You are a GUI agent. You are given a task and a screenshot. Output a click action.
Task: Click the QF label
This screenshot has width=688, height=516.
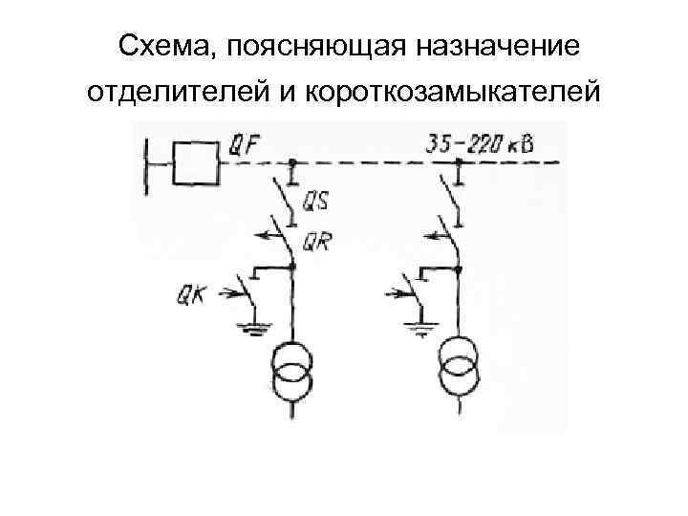click(x=246, y=146)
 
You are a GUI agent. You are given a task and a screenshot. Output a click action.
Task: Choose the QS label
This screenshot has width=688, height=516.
click(x=316, y=202)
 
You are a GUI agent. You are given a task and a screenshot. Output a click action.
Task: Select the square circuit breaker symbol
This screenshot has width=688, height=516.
click(x=195, y=162)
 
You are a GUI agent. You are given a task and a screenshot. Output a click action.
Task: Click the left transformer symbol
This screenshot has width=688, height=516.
click(x=293, y=371)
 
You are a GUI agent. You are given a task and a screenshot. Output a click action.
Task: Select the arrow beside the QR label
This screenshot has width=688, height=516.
click(x=264, y=233)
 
